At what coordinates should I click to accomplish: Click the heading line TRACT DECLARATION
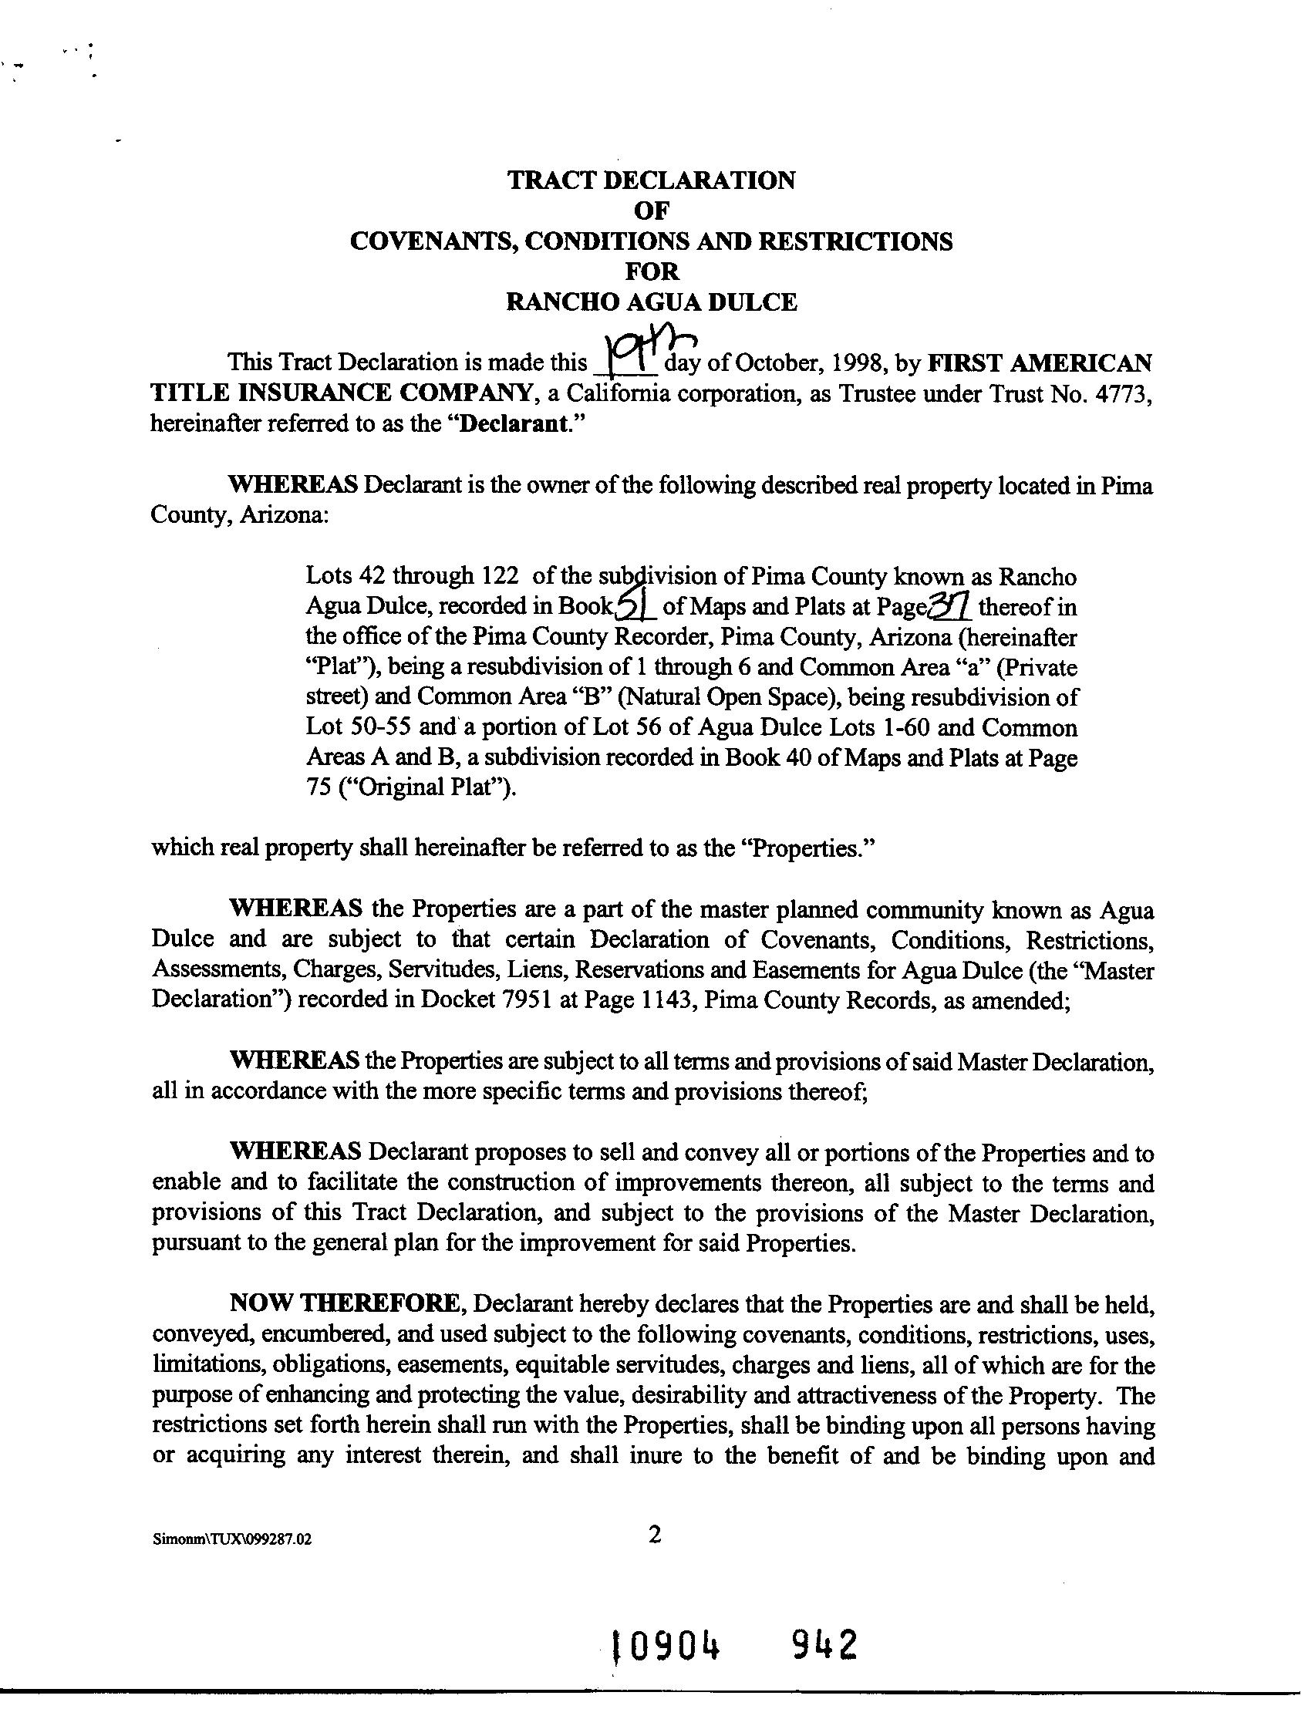[651, 180]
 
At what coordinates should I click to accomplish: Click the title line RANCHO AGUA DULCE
[651, 302]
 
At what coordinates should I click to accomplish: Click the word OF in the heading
[651, 210]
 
